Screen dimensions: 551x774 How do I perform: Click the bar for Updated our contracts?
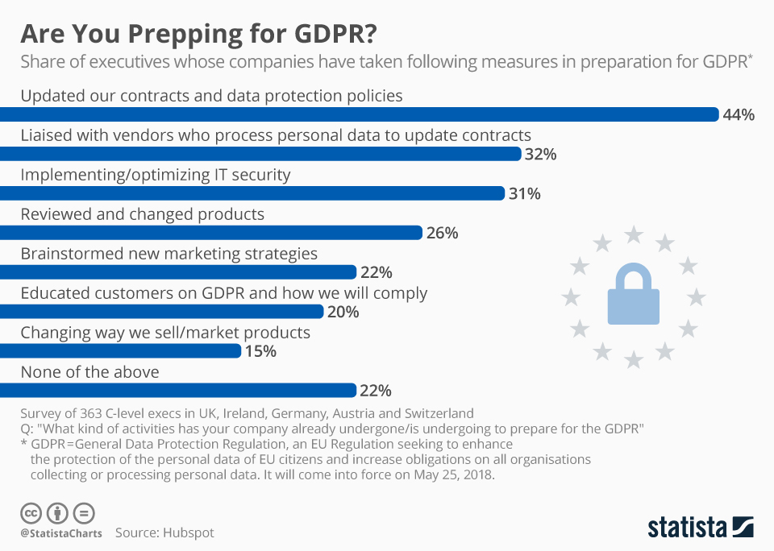coord(359,114)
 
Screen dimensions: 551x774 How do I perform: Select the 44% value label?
coord(739,115)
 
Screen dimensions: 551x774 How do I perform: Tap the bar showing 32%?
coord(260,154)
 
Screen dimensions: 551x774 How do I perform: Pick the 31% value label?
coord(524,193)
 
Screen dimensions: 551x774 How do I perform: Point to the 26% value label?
coord(442,233)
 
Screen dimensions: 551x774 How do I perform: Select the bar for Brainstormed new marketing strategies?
coord(177,272)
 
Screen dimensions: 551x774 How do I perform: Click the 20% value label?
coord(343,312)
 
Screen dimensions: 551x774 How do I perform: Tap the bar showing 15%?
coord(121,351)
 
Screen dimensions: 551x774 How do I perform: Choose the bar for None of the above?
coord(177,391)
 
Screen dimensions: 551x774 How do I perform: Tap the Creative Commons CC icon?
coord(31,512)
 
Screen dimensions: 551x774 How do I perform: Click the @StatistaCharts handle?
coord(60,532)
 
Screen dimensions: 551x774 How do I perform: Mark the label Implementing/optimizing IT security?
coord(155,174)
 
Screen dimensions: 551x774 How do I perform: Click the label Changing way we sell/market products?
coord(165,332)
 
